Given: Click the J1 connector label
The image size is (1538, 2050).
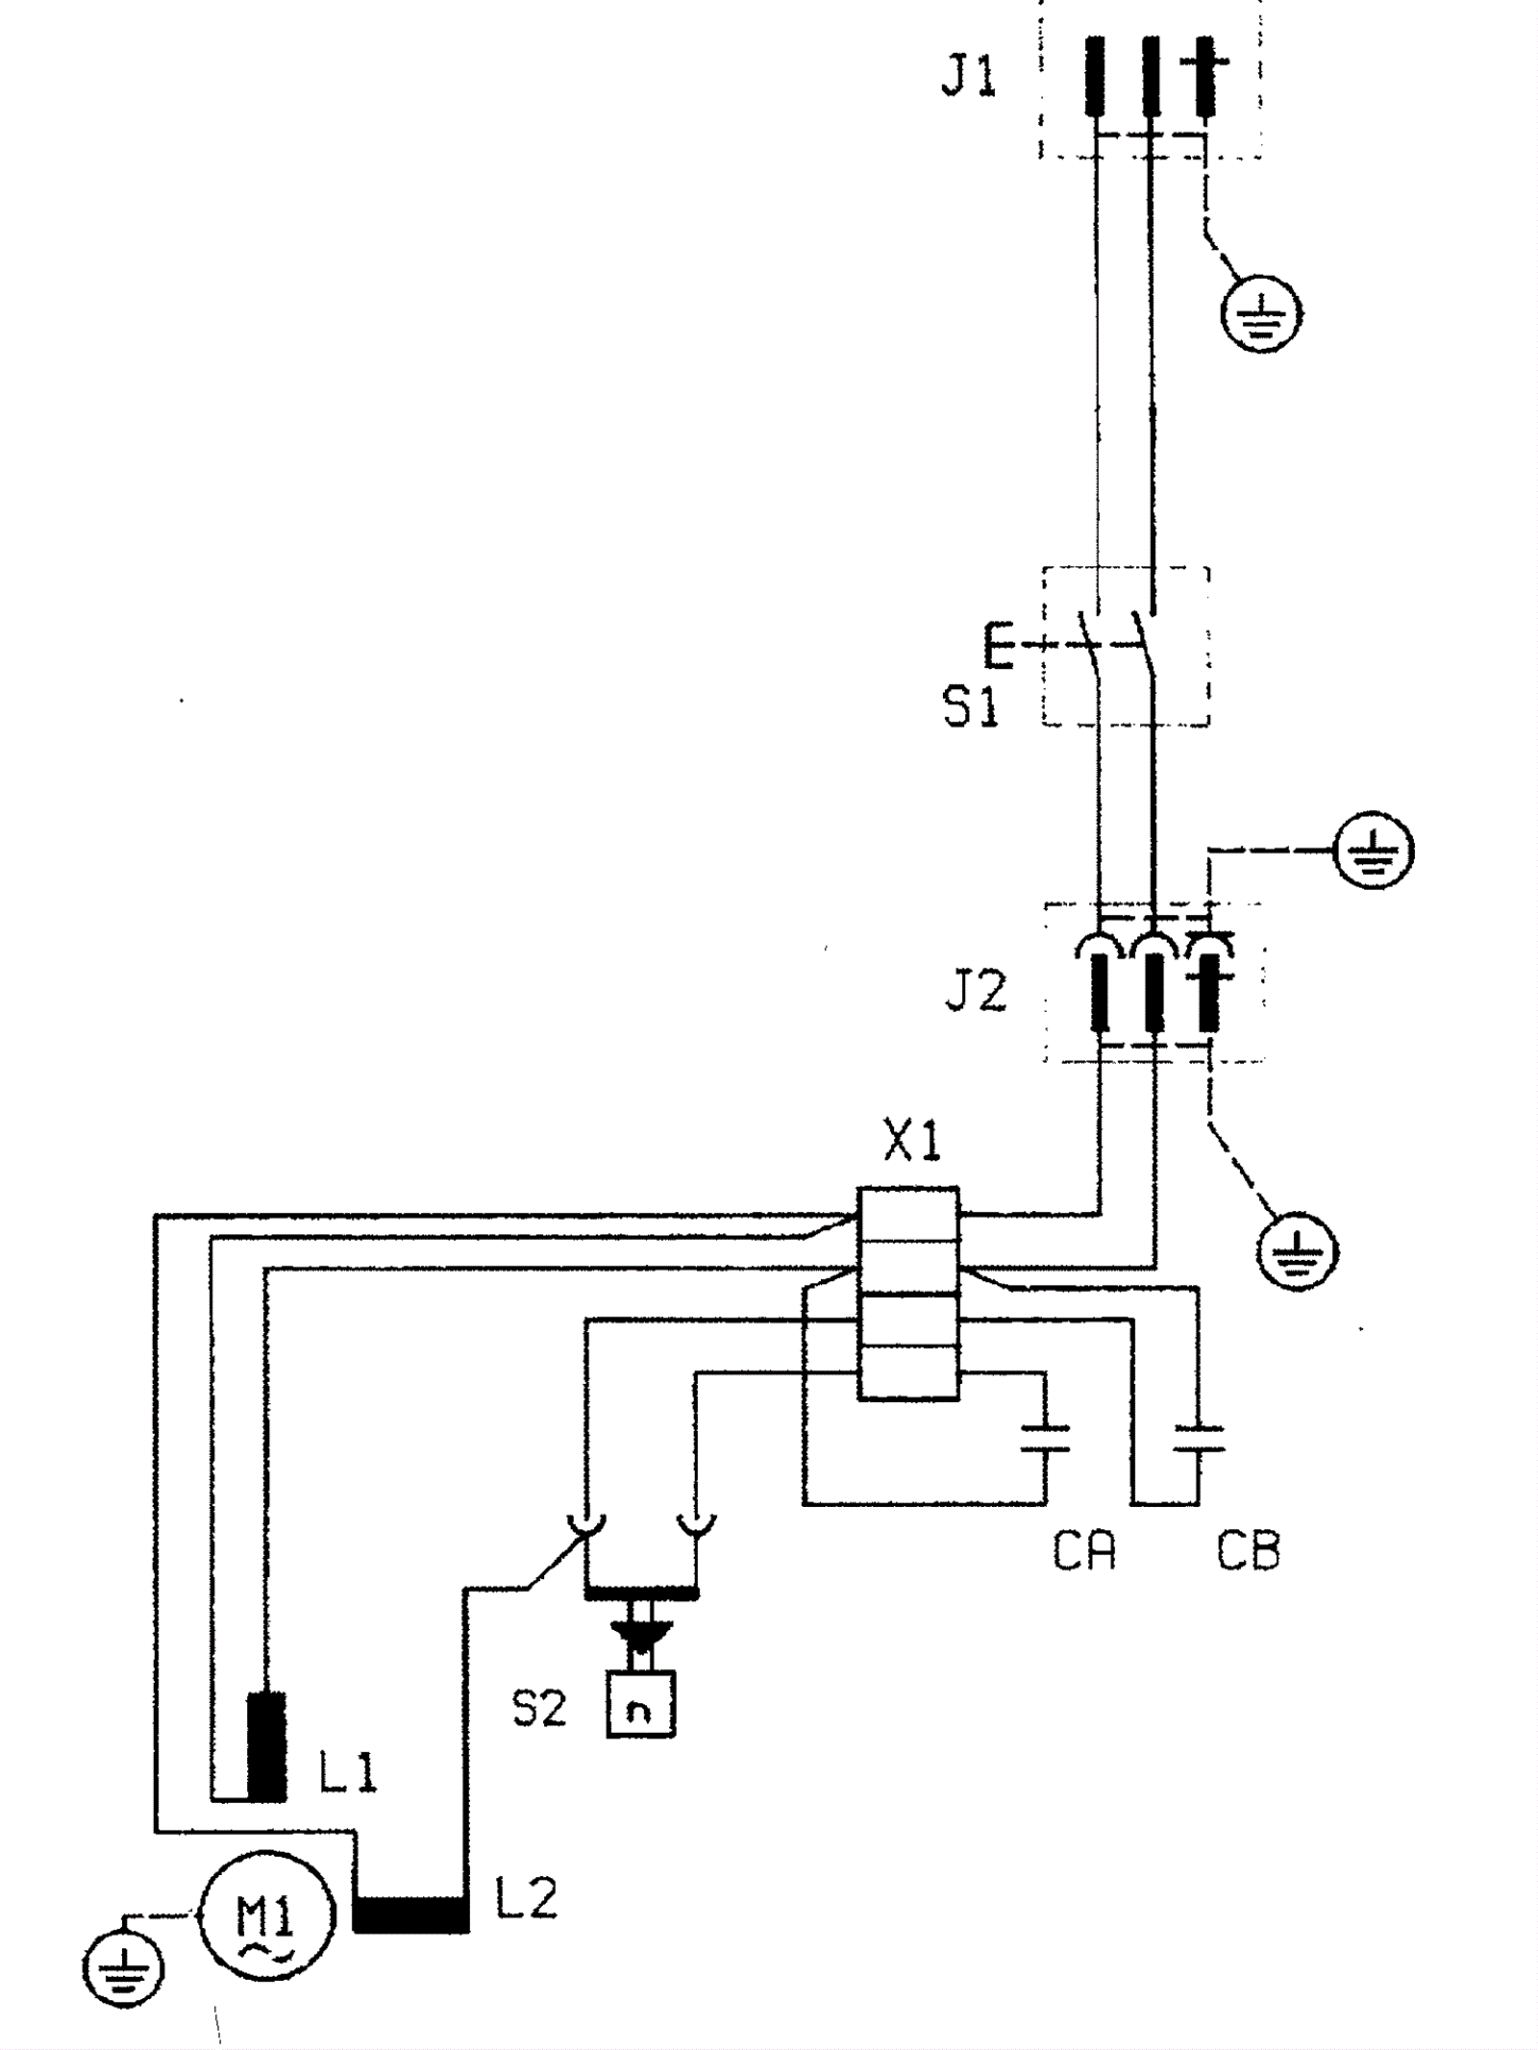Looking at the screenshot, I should pos(968,77).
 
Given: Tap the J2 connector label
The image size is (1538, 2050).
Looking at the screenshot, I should pos(976,991).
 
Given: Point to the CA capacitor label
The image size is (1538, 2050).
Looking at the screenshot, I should pos(1084,1550).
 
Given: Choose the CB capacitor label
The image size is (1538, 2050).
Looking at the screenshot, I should pos(1248,1550).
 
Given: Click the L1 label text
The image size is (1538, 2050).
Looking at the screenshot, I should pos(348,1771).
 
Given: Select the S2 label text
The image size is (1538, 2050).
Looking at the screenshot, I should pos(539,1708).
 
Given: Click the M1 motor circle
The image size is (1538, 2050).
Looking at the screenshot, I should pos(267,1914).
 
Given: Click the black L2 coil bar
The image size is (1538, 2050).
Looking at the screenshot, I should pos(410,1913).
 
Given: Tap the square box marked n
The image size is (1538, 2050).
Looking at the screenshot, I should pos(640,1704).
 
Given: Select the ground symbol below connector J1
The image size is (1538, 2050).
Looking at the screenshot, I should pos(1261,313).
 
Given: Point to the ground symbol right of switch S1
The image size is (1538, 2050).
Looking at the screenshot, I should pos(1375,851).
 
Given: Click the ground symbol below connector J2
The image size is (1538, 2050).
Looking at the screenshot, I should pos(1298,1251).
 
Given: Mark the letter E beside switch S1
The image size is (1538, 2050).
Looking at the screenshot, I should pos(1000,645).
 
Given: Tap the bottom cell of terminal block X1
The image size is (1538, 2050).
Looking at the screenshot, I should pos(907,1372).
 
